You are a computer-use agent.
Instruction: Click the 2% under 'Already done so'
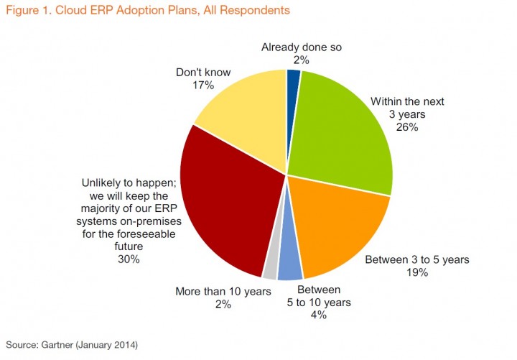tap(301, 60)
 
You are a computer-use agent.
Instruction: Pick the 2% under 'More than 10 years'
tap(223, 304)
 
